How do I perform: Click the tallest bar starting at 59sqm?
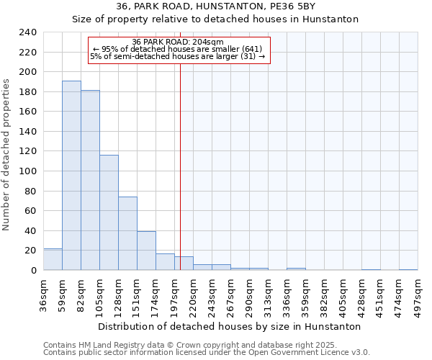[71, 175]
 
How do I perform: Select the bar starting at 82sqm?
[90, 180]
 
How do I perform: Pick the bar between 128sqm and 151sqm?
[127, 233]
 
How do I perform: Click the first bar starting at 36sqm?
[53, 259]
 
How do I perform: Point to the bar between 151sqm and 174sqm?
[146, 251]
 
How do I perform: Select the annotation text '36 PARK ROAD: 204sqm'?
[178, 42]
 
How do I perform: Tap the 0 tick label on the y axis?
[33, 270]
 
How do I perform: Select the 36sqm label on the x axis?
[44, 294]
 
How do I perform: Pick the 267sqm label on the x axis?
[231, 294]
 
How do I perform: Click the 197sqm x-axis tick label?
[175, 294]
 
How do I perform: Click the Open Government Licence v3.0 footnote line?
[207, 353]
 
